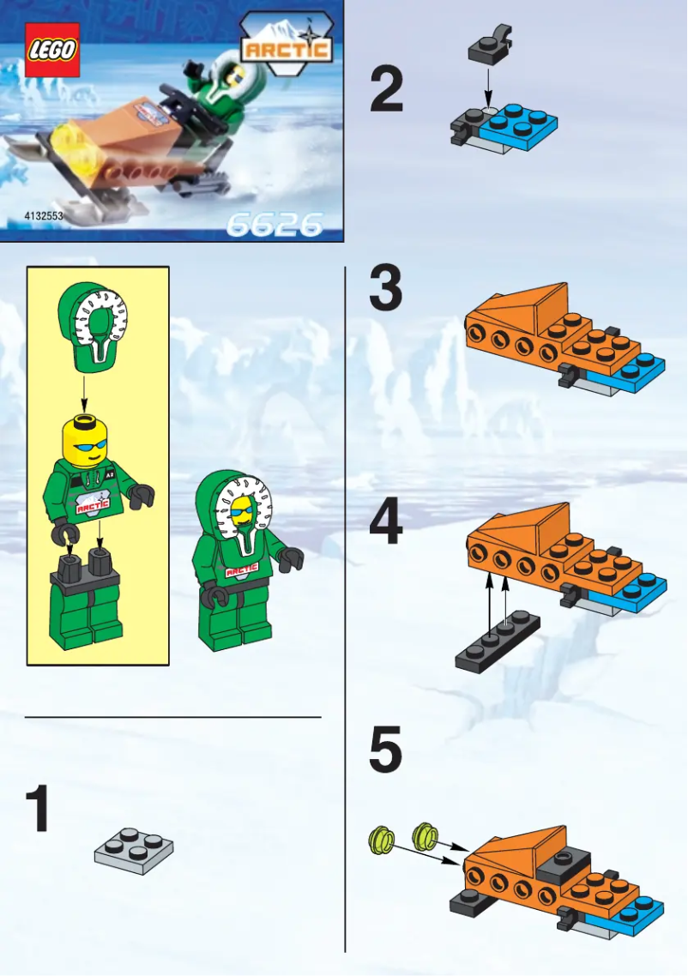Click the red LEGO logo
[x=51, y=50]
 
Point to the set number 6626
[x=274, y=225]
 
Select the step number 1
[x=36, y=810]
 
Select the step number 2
[x=386, y=92]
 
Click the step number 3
[x=386, y=290]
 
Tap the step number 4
[x=386, y=524]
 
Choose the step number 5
[x=386, y=750]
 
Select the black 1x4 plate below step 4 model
[x=498, y=642]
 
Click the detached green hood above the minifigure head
[x=92, y=328]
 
